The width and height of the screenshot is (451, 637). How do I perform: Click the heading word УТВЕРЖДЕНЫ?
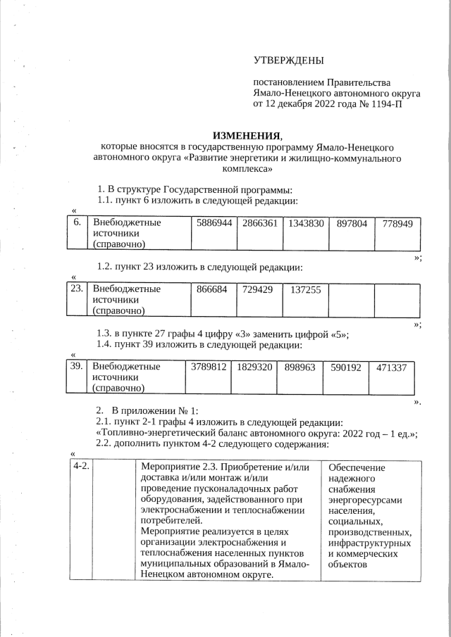[289, 61]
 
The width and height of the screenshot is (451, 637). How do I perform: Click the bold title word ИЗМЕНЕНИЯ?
[247, 135]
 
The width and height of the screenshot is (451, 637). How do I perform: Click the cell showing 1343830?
[305, 223]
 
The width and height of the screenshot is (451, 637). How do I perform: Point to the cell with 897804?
[352, 223]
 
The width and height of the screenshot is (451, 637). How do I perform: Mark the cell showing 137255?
[305, 289]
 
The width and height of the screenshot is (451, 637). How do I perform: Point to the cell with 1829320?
[254, 366]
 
